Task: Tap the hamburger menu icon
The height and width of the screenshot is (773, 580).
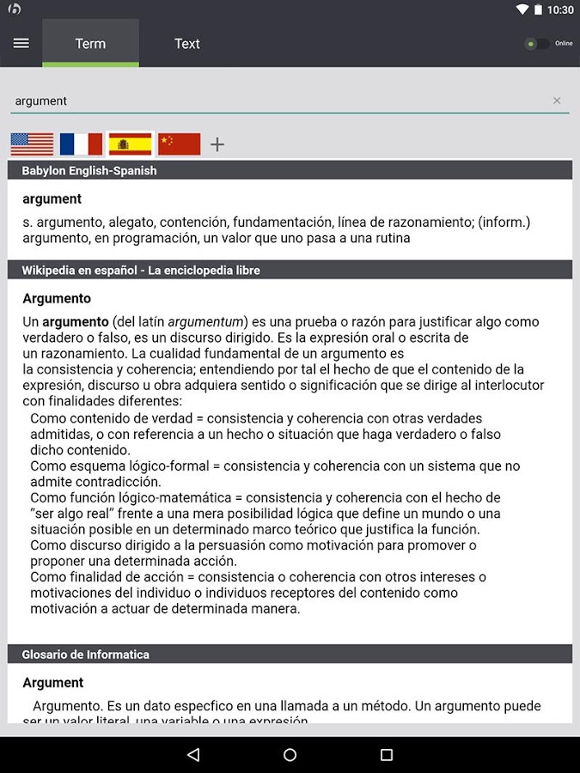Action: tap(21, 43)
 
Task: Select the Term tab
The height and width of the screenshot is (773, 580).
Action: tap(90, 44)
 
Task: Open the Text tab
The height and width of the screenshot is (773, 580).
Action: tap(186, 44)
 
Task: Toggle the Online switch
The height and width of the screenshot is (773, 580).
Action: tap(538, 43)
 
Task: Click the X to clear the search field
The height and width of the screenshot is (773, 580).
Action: tap(557, 100)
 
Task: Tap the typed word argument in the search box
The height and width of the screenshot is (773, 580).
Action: tap(41, 100)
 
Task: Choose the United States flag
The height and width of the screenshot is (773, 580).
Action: tap(32, 144)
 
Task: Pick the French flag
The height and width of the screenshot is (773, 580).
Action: tap(81, 144)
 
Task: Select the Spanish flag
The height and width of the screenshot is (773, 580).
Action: tap(130, 144)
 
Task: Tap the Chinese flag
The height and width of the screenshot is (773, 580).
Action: tap(180, 144)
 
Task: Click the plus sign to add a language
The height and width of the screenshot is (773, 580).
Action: tap(217, 144)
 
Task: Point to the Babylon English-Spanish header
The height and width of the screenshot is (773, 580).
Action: tap(89, 170)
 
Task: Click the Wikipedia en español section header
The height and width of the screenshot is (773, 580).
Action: tap(141, 270)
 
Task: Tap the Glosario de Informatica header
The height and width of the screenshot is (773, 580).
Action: tap(86, 654)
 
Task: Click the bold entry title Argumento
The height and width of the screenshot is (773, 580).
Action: tap(57, 299)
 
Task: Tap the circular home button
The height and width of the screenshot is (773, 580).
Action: tap(290, 755)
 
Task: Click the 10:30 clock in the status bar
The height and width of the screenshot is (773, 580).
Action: tap(559, 9)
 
